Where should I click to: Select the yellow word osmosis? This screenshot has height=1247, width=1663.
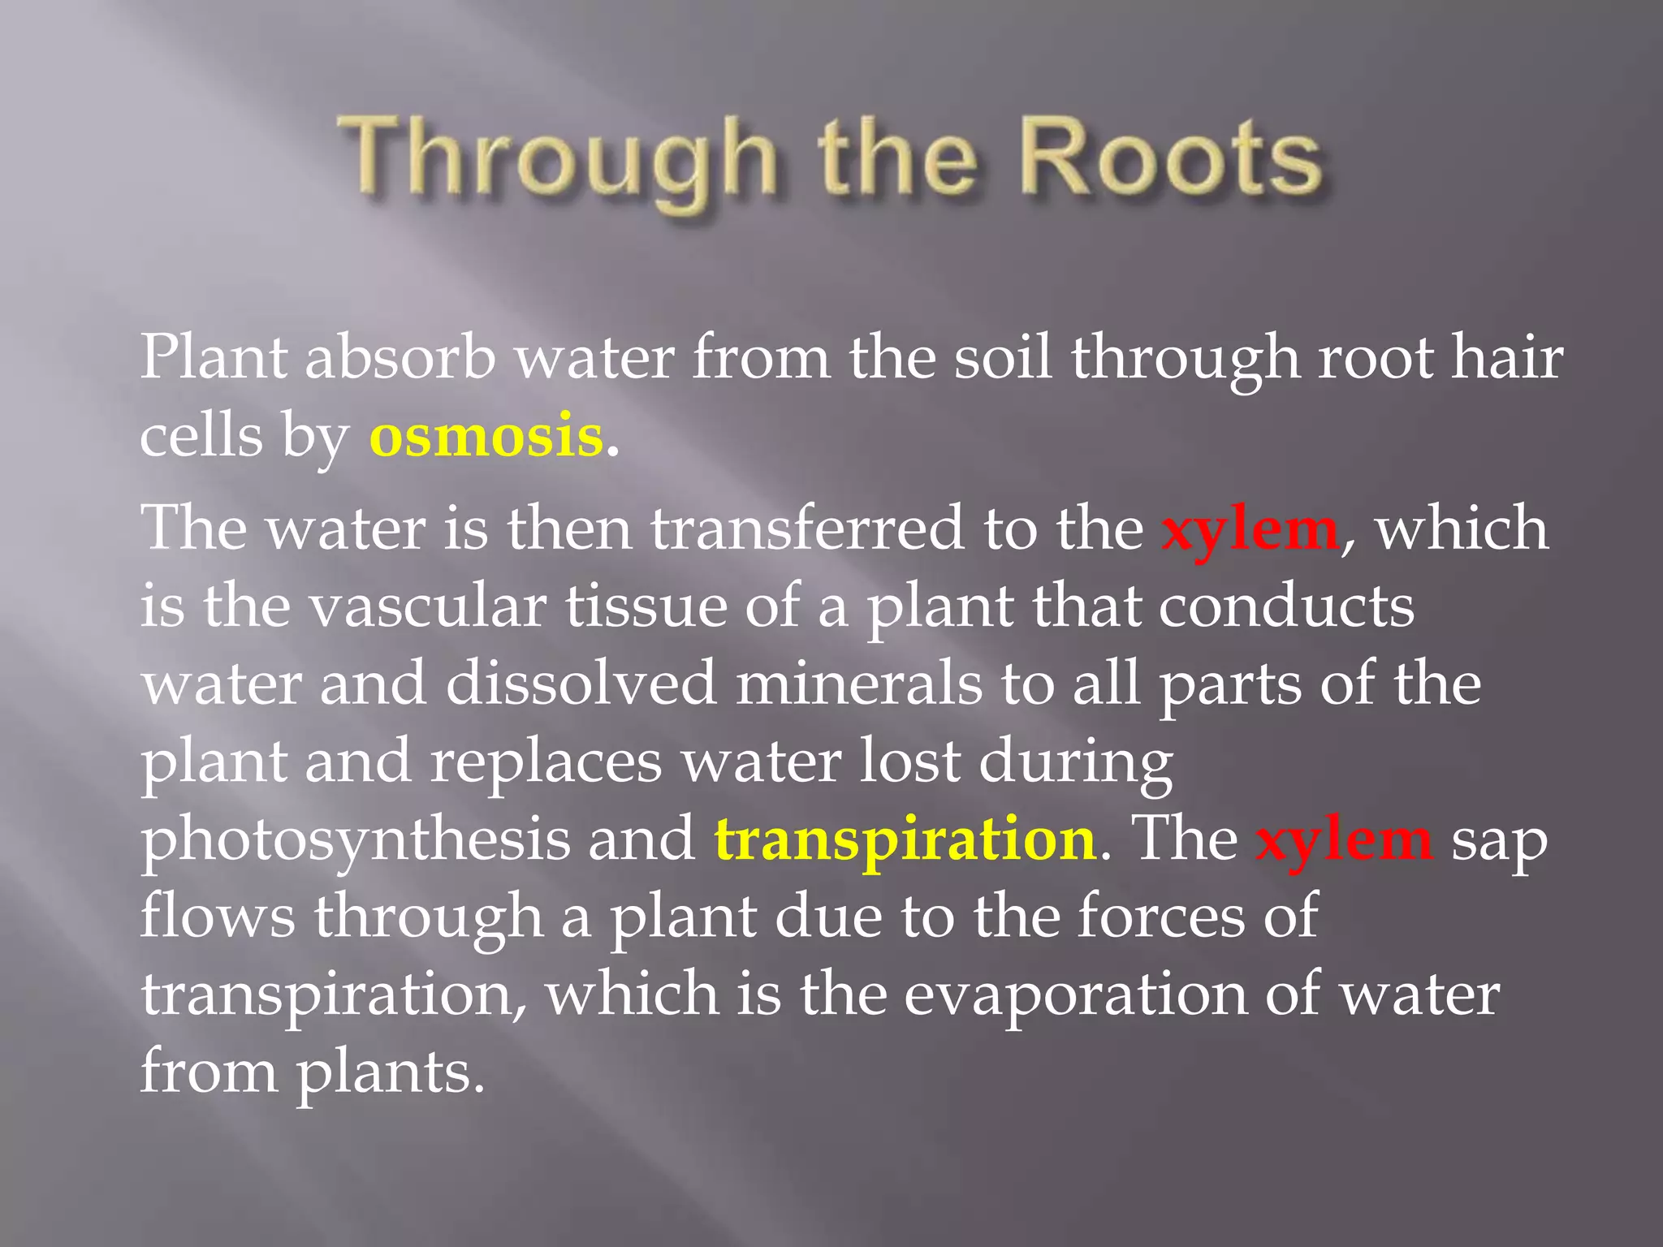(486, 436)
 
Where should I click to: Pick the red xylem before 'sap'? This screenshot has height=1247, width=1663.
(1344, 839)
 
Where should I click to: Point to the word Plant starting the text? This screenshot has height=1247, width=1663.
(213, 357)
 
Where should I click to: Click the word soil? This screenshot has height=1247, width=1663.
(1002, 357)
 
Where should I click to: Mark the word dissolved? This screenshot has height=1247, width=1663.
(581, 684)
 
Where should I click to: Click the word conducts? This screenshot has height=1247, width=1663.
(1286, 606)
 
